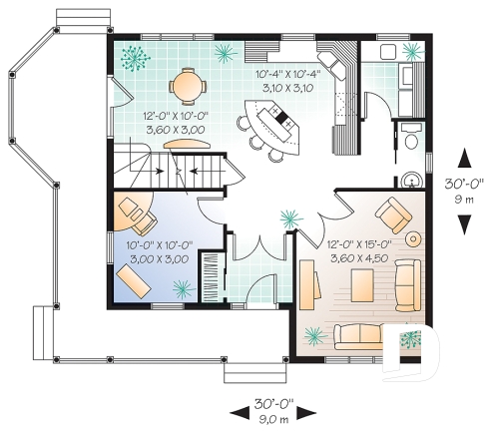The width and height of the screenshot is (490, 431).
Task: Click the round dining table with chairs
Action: [x=186, y=85]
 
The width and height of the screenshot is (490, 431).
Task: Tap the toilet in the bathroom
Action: [x=412, y=143]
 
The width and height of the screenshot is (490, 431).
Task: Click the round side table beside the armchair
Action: [x=414, y=239]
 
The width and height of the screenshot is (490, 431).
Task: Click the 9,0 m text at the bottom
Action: [x=272, y=420]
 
